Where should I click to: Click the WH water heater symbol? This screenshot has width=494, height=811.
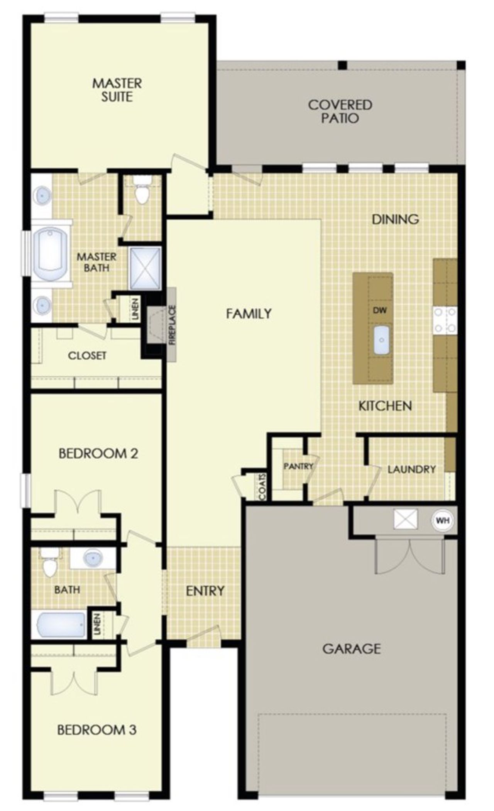click(x=442, y=520)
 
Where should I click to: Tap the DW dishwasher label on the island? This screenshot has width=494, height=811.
click(x=379, y=310)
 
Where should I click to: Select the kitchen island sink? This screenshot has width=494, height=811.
click(x=381, y=340)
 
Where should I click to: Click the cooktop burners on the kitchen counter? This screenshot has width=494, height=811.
click(x=445, y=320)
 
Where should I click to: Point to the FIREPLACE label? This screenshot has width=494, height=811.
click(x=172, y=325)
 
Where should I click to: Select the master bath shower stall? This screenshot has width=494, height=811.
click(x=145, y=268)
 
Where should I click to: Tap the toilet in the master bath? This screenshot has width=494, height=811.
click(x=142, y=193)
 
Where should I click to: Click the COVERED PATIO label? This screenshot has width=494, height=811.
click(x=340, y=111)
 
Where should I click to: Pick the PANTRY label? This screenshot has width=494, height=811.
click(x=298, y=466)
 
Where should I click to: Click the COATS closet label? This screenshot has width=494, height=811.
click(x=263, y=487)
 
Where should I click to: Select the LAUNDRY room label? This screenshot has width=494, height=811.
click(x=411, y=469)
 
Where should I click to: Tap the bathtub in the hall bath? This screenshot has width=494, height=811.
click(x=61, y=625)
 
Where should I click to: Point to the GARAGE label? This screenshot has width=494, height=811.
click(x=351, y=648)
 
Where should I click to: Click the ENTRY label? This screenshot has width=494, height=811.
click(x=205, y=591)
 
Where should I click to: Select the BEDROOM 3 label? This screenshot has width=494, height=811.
click(x=96, y=730)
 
